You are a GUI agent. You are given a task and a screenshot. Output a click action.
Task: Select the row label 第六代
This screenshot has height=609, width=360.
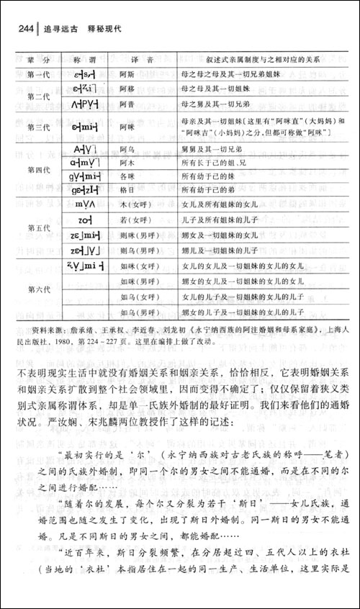(x=32, y=289)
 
